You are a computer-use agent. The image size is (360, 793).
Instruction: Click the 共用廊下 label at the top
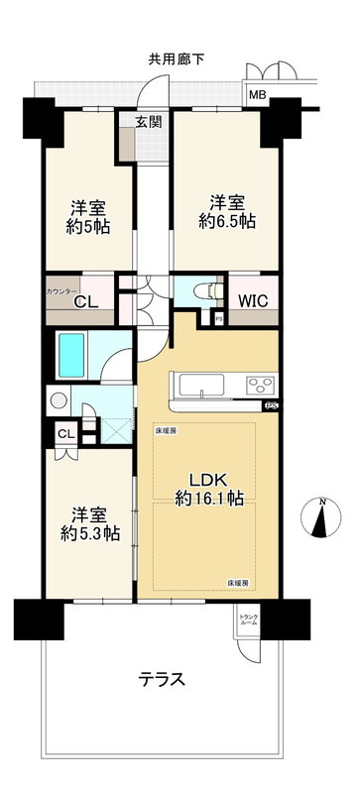[179, 58]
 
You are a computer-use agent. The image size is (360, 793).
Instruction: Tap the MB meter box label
[258, 95]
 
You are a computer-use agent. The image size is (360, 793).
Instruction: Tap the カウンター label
[61, 292]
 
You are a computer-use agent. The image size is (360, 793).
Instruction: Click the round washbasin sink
[58, 402]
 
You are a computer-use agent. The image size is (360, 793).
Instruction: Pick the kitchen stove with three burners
[261, 386]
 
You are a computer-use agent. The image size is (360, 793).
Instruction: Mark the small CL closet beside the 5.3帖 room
[65, 433]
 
